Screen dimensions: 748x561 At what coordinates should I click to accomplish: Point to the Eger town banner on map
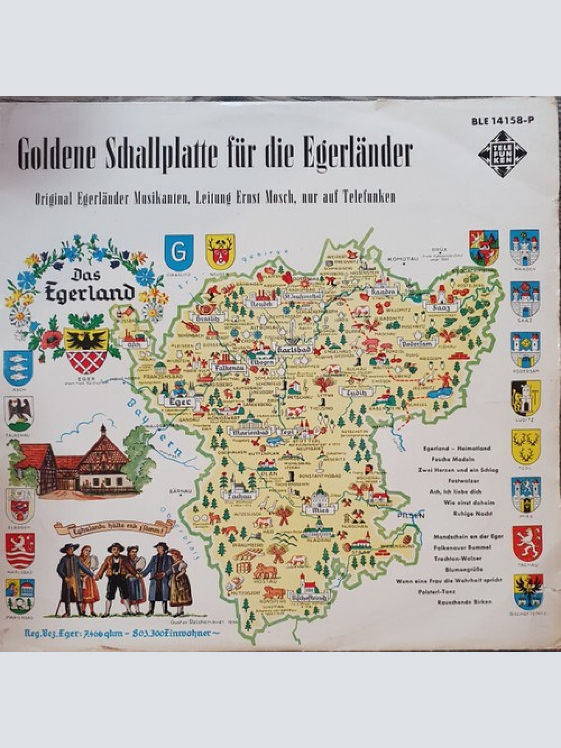(x=179, y=402)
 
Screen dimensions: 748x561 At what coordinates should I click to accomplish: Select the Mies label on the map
(x=321, y=510)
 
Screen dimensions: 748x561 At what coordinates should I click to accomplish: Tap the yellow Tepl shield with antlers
(x=526, y=447)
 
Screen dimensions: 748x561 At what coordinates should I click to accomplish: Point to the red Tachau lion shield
(x=527, y=543)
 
